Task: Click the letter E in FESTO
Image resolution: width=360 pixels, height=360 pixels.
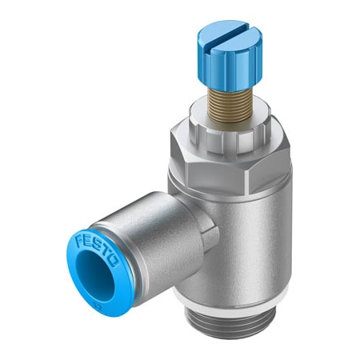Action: (86, 242)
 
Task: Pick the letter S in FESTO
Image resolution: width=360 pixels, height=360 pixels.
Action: (94, 245)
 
